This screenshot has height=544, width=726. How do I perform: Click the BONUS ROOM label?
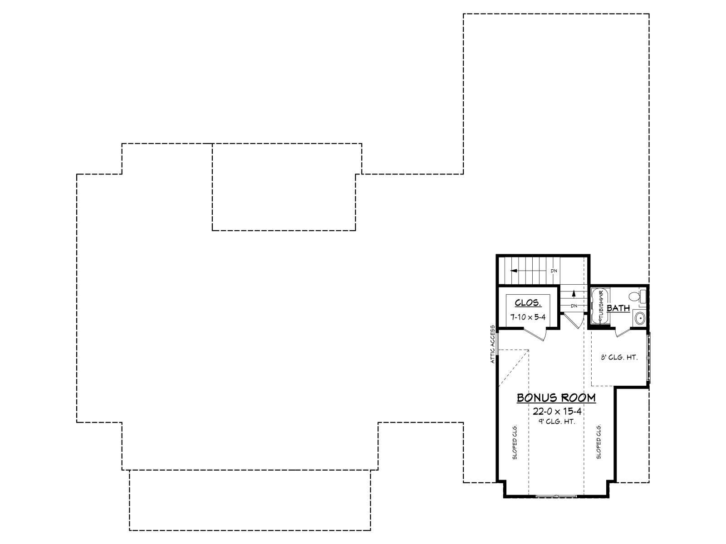(556, 398)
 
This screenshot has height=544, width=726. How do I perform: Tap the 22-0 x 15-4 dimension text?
(557, 412)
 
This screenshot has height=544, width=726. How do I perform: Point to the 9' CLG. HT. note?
(557, 422)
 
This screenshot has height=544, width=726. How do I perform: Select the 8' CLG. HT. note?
(619, 357)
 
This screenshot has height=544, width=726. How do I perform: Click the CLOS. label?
(528, 302)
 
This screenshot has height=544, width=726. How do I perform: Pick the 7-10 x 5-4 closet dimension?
(528, 317)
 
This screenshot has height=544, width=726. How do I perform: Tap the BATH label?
(618, 308)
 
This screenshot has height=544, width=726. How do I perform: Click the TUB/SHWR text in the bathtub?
(601, 306)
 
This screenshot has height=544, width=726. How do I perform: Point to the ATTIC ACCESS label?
(492, 344)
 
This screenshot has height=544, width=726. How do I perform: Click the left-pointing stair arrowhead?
(514, 271)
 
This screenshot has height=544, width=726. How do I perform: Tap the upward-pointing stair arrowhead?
(574, 293)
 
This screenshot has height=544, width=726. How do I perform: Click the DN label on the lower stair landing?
(574, 306)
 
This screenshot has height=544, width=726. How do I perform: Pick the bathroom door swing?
(623, 332)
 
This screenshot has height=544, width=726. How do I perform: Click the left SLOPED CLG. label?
(515, 442)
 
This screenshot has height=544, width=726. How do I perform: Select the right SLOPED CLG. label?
(598, 442)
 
